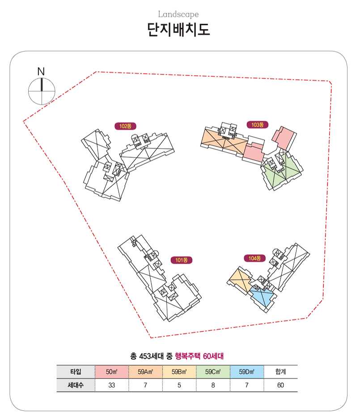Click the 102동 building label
[x=125, y=126]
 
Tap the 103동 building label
[x=258, y=124]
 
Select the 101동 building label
[x=182, y=260]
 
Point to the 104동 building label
[x=255, y=258]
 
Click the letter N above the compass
[x=41, y=72]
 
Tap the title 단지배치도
[x=178, y=30]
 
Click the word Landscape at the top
[x=178, y=14]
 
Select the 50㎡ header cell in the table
[x=112, y=371]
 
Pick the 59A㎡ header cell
[x=145, y=371]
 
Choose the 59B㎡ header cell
[x=179, y=371]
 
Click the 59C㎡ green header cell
[x=213, y=371]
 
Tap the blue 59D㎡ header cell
[x=247, y=371]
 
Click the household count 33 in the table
[x=112, y=385]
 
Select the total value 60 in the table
[x=280, y=385]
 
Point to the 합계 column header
[x=280, y=371]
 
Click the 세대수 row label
[x=76, y=385]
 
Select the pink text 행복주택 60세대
[x=199, y=356]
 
